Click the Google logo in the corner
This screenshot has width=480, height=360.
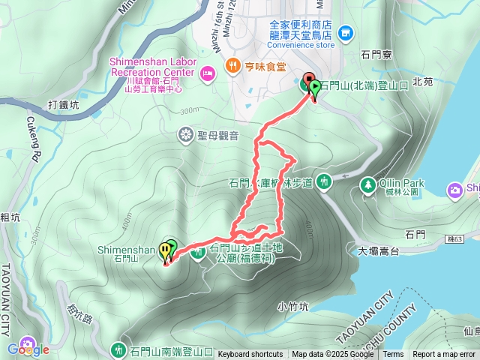click(x=28, y=349)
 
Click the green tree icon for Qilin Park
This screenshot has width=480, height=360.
click(x=367, y=184)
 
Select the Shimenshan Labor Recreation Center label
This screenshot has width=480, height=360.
click(x=153, y=66)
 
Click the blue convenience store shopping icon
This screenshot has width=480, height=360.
click(x=345, y=32)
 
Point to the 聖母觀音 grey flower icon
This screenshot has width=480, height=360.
click(x=185, y=135)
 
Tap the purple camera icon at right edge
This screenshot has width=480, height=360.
click(x=454, y=190)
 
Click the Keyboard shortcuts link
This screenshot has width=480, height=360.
click(x=250, y=355)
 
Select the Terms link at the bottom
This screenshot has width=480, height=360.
click(x=393, y=355)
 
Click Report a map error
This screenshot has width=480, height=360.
click(x=444, y=355)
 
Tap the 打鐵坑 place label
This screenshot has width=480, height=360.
click(x=63, y=105)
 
